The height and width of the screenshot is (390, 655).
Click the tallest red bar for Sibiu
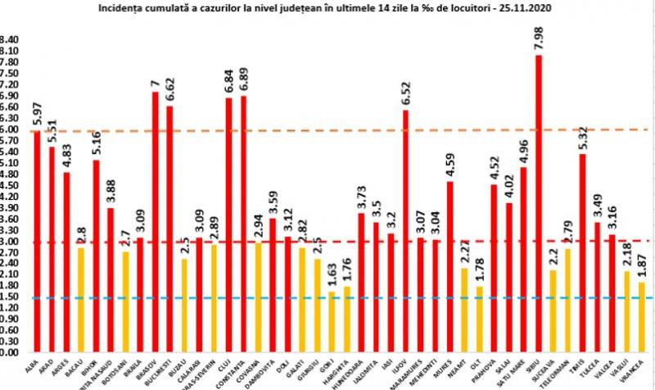(x=538, y=205)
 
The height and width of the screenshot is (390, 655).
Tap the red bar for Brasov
(x=155, y=221)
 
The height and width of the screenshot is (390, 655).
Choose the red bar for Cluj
(x=228, y=225)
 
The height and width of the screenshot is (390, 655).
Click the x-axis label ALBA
(x=34, y=369)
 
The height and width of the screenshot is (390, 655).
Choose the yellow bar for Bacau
(x=81, y=300)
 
